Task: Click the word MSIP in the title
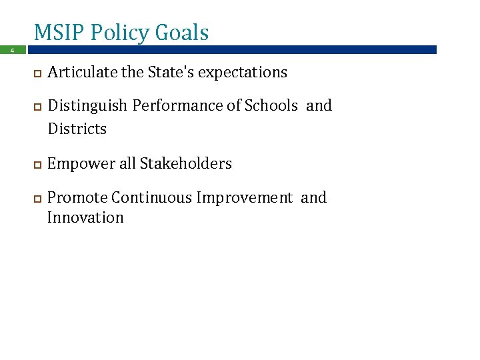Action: [60, 33]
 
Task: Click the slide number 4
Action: [12, 50]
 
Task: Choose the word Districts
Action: [77, 129]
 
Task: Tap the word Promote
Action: [77, 197]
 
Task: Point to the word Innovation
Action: [85, 217]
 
